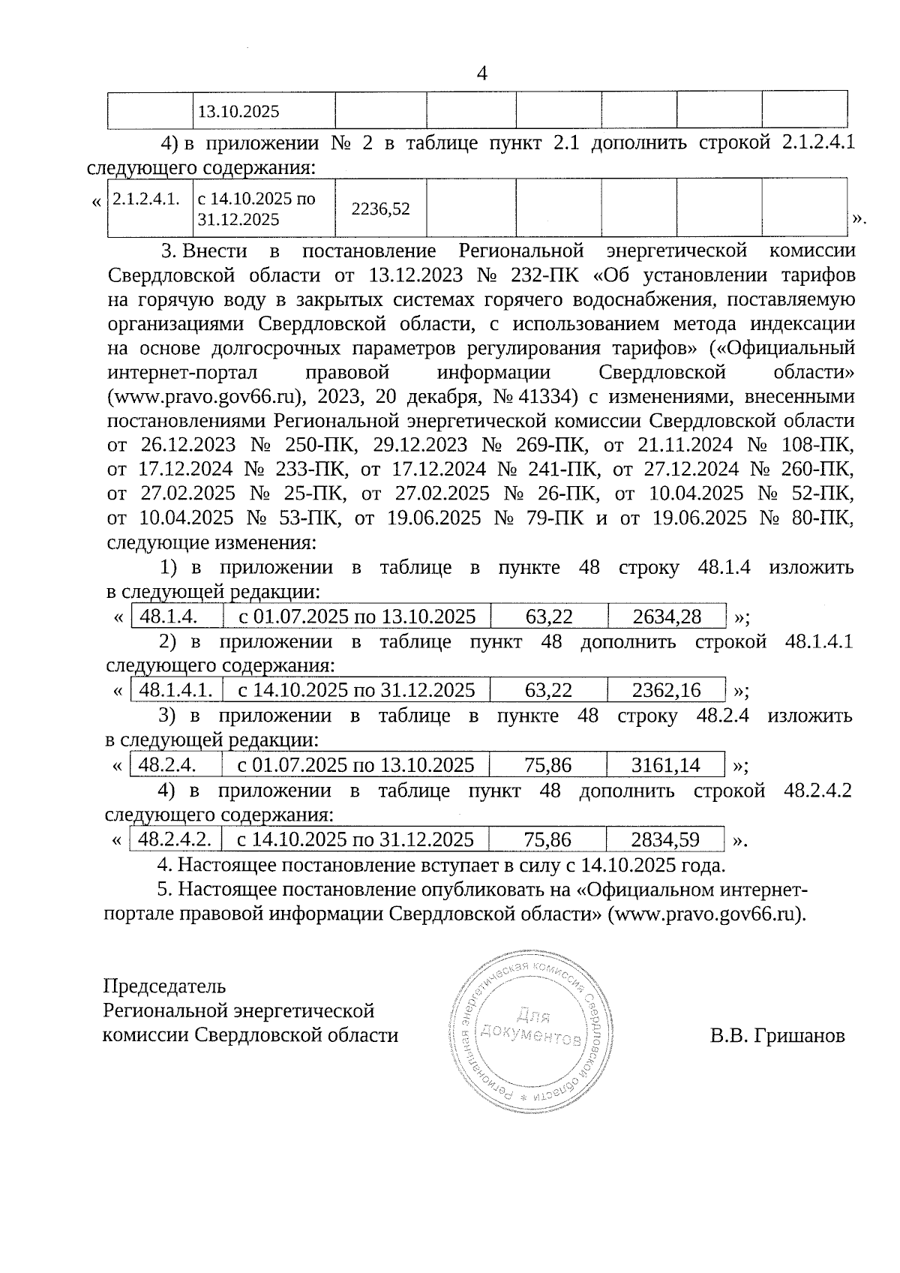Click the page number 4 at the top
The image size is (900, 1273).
coord(481,74)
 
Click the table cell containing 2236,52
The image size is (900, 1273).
coord(380,209)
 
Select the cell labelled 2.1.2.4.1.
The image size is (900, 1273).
coord(146,199)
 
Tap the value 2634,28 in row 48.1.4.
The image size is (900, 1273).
coord(667,617)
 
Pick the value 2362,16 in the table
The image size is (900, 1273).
coord(666,690)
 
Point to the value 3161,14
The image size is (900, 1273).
coord(665,765)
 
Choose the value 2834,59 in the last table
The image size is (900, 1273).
coord(665,839)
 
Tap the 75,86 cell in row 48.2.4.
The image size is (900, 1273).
coord(547,765)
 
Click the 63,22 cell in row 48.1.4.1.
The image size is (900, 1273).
coord(549,690)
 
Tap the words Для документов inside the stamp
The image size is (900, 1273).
coord(532,1028)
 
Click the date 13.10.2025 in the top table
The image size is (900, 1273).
coord(238,113)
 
